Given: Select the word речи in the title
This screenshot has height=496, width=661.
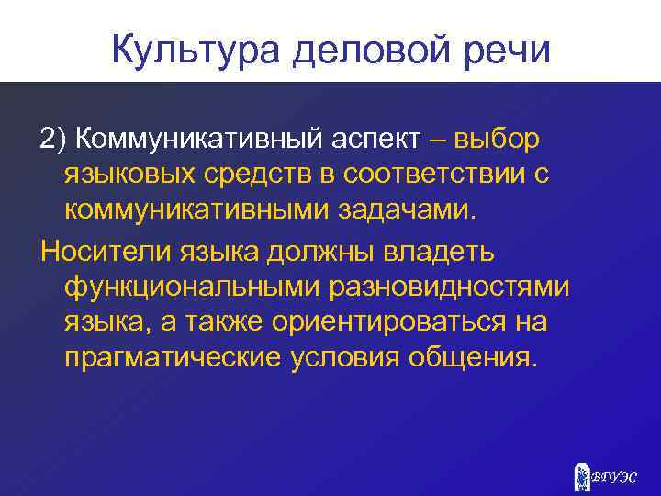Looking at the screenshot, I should pos(507,49).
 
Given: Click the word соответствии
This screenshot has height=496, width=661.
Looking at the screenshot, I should pos(435,175).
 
